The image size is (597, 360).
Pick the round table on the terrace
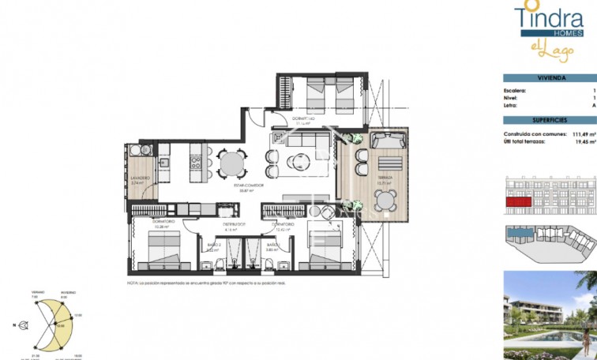pos(385,203)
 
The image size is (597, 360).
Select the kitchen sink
pos(165,163)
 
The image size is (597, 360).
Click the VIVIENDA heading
pos(550,77)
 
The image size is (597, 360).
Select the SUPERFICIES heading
pos(550,120)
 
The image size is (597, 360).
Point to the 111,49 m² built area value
pos(580,134)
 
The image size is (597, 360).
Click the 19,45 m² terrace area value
pos(582,142)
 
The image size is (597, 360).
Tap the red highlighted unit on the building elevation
pos(519,203)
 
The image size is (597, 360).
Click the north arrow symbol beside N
pos(25,324)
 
